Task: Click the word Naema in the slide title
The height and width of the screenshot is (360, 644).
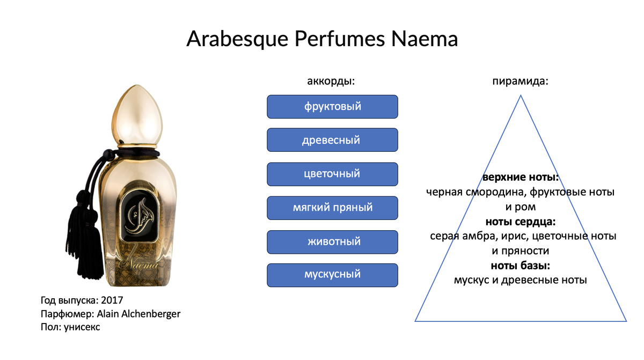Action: point(425,39)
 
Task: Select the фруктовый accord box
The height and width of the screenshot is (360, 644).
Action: point(332,107)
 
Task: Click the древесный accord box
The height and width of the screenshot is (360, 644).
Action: point(332,140)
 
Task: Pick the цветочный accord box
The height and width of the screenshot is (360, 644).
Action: point(332,174)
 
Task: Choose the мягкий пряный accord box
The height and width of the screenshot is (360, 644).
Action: point(332,208)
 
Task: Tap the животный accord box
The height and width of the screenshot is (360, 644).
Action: point(332,242)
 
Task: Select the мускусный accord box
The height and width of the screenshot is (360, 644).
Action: point(332,275)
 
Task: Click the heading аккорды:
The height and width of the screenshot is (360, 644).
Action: point(331,82)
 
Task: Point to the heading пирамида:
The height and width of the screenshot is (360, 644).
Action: point(521,82)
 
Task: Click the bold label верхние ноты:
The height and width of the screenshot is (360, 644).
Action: point(521,177)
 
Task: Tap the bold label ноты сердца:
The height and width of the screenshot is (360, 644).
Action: point(521,222)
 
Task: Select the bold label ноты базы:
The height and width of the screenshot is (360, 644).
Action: point(521,266)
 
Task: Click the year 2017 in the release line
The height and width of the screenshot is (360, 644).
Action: point(112,300)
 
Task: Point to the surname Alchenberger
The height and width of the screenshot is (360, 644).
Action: point(151,314)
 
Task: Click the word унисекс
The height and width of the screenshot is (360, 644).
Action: point(82,327)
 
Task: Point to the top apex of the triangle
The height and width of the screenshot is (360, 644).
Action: point(521,95)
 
